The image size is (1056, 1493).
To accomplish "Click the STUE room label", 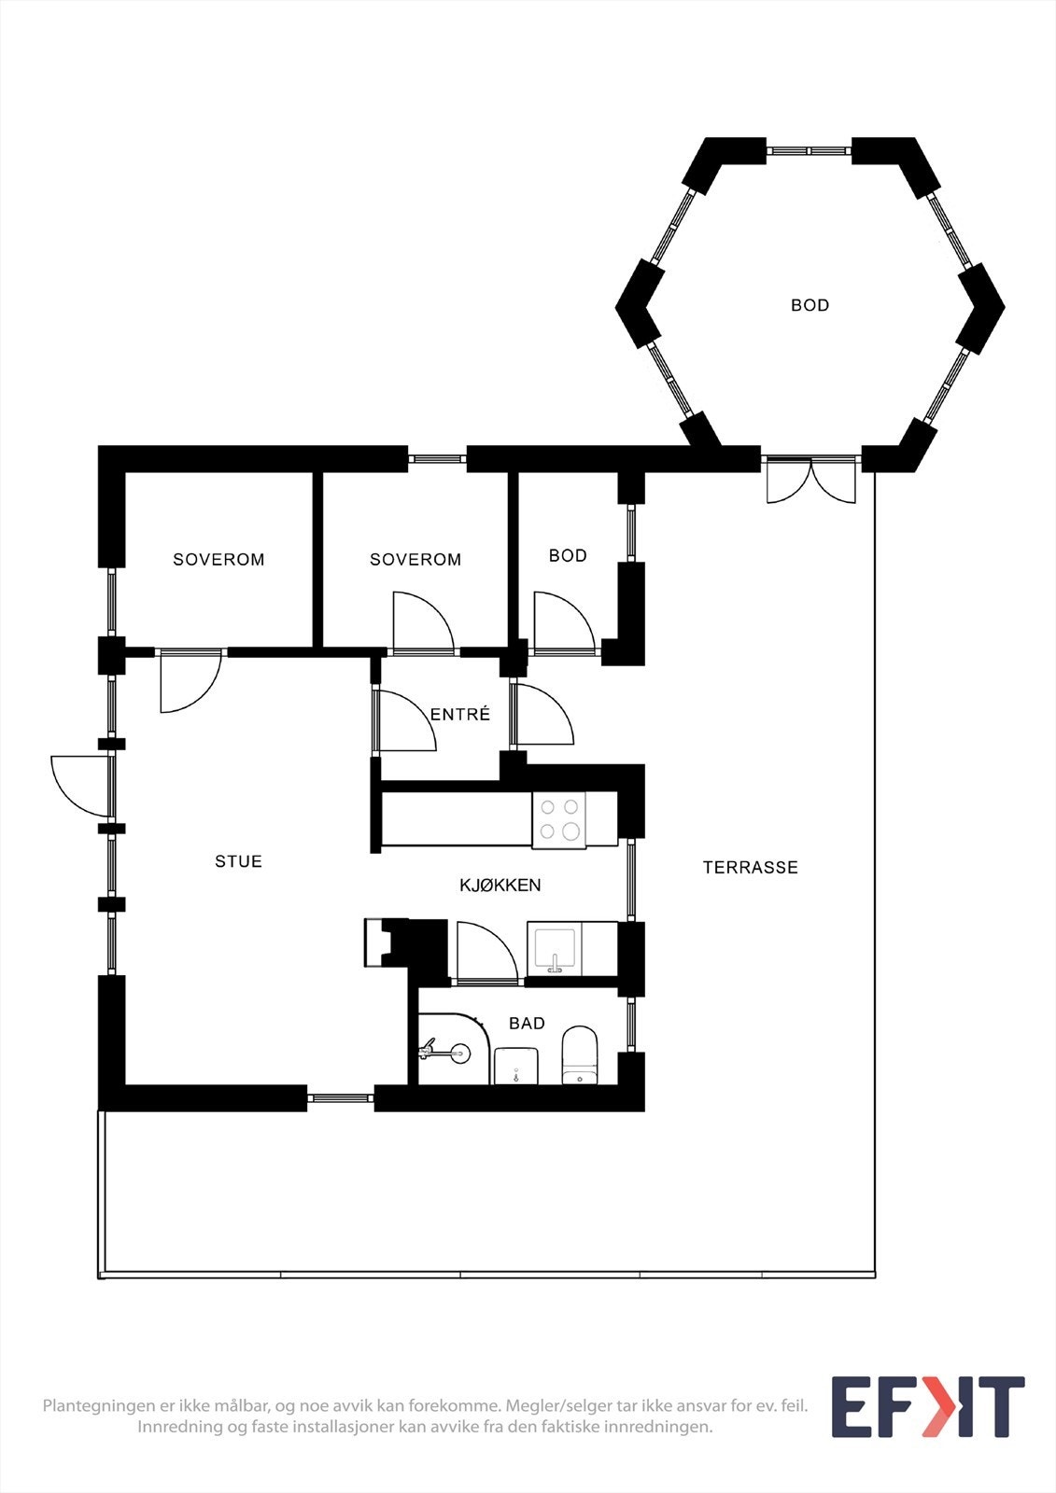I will click(x=238, y=861).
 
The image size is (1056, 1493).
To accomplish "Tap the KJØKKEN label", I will click(x=500, y=886).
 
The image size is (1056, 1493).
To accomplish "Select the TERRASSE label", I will click(x=750, y=868).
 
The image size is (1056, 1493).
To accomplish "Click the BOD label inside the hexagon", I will click(x=810, y=305).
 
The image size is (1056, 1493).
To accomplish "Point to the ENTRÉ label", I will click(x=459, y=715).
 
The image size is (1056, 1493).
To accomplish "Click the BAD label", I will click(x=527, y=1024).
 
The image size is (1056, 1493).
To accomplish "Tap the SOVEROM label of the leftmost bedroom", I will click(x=218, y=560).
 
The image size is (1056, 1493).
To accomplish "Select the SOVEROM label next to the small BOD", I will click(x=415, y=560).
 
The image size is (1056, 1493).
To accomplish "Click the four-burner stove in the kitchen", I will click(x=559, y=819).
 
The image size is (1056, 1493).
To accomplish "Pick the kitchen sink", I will click(x=555, y=950).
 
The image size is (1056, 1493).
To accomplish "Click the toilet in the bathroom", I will click(x=580, y=1055).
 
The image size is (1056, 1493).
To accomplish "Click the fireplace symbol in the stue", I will click(x=386, y=942).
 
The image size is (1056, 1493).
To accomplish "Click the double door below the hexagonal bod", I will click(x=810, y=480).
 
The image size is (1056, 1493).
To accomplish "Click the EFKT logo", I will click(x=927, y=1406).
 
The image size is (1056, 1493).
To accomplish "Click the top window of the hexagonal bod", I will click(x=810, y=150).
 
